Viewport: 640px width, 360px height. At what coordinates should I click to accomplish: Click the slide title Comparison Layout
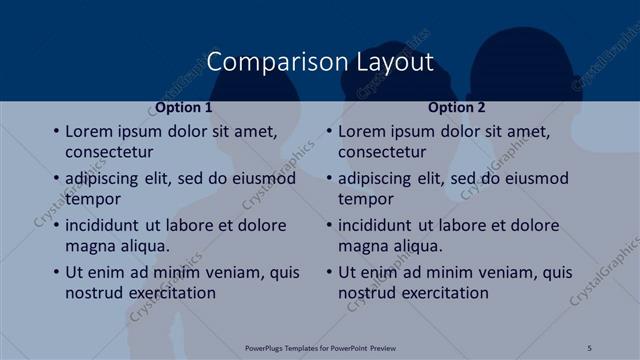pos(320,62)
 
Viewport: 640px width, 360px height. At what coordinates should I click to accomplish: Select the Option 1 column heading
pos(184,107)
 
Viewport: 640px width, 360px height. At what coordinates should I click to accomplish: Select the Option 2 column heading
pos(459,107)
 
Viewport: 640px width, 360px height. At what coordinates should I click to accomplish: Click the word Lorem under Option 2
pos(363,131)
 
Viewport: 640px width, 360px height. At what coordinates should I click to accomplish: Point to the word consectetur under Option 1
pos(110,152)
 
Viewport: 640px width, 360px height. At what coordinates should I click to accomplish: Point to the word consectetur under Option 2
pos(383,152)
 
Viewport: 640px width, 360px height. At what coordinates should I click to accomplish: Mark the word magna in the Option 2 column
pos(362,246)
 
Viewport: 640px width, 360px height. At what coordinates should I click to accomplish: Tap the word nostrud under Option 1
pos(95,293)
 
